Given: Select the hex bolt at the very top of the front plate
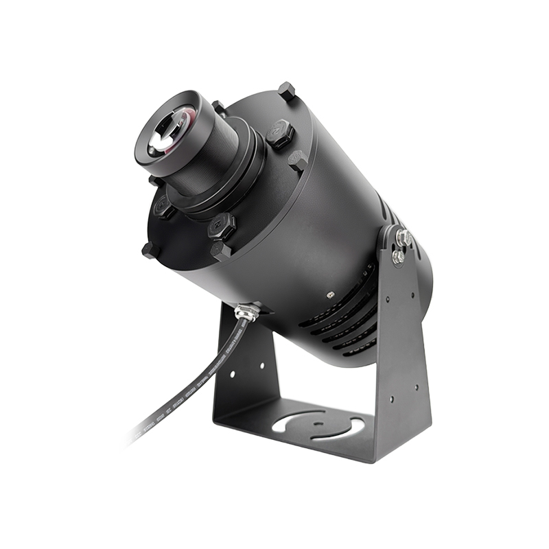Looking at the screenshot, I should coord(286,91).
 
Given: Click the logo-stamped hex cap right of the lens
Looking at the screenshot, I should coord(279,133).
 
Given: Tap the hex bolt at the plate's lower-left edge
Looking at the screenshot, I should coord(149,250).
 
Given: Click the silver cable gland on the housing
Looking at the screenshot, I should coord(247,312).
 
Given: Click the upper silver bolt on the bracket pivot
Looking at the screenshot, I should coord(403,239).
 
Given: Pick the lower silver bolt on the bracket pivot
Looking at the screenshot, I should coord(397,257).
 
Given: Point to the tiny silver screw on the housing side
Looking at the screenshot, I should coord(330,293).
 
